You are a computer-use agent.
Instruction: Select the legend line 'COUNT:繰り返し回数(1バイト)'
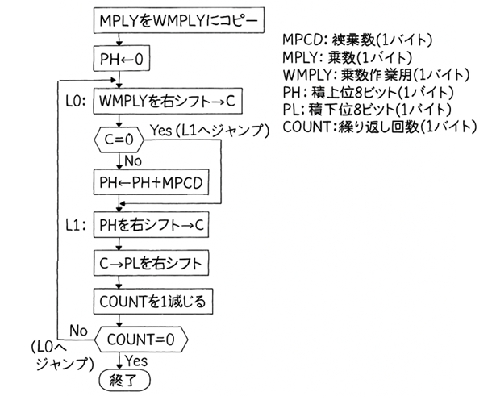[x=379, y=127]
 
